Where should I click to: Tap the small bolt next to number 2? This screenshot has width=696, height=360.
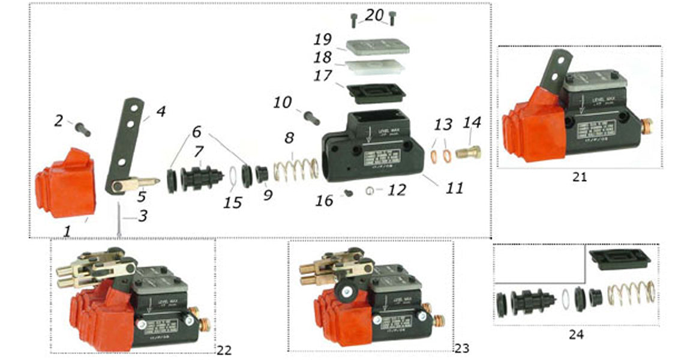click(83, 128)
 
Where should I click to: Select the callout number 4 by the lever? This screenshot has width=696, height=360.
click(161, 112)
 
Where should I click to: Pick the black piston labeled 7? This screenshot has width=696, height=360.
click(200, 175)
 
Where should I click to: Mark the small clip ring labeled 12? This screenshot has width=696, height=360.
click(371, 191)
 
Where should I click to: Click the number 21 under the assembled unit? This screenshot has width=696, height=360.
click(579, 177)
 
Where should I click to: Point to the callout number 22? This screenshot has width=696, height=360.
click(224, 350)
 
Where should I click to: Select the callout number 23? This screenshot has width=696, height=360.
click(461, 348)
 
